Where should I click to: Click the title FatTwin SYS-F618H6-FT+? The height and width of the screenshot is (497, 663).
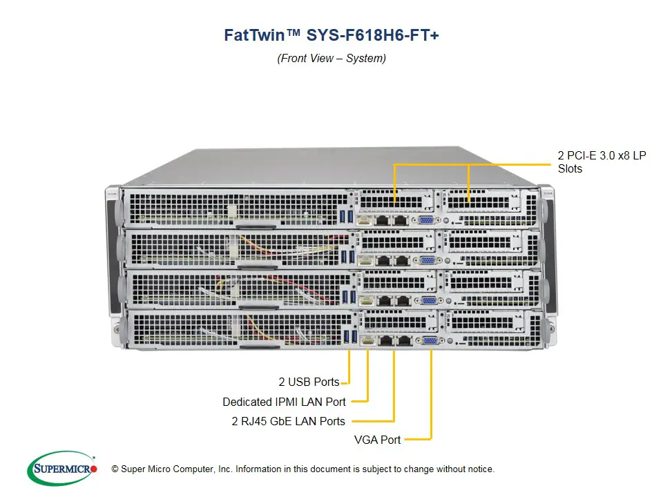331,35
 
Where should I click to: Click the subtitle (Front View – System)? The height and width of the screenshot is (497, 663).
331,59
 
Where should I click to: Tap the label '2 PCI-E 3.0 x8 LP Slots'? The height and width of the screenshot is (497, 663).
602,162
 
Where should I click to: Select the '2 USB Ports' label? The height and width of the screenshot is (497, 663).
309,382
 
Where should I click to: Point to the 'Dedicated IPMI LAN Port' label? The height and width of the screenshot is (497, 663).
284,402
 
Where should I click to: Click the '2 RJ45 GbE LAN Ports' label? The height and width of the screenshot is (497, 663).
288,421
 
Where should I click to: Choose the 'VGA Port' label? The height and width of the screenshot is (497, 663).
376,439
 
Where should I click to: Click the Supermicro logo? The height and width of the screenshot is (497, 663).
61,469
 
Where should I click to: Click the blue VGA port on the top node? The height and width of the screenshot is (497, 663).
426,220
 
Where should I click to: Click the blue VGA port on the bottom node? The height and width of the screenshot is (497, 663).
429,340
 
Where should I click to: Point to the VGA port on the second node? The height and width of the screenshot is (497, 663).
427,260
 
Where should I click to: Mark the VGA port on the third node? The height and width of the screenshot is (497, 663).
428,300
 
